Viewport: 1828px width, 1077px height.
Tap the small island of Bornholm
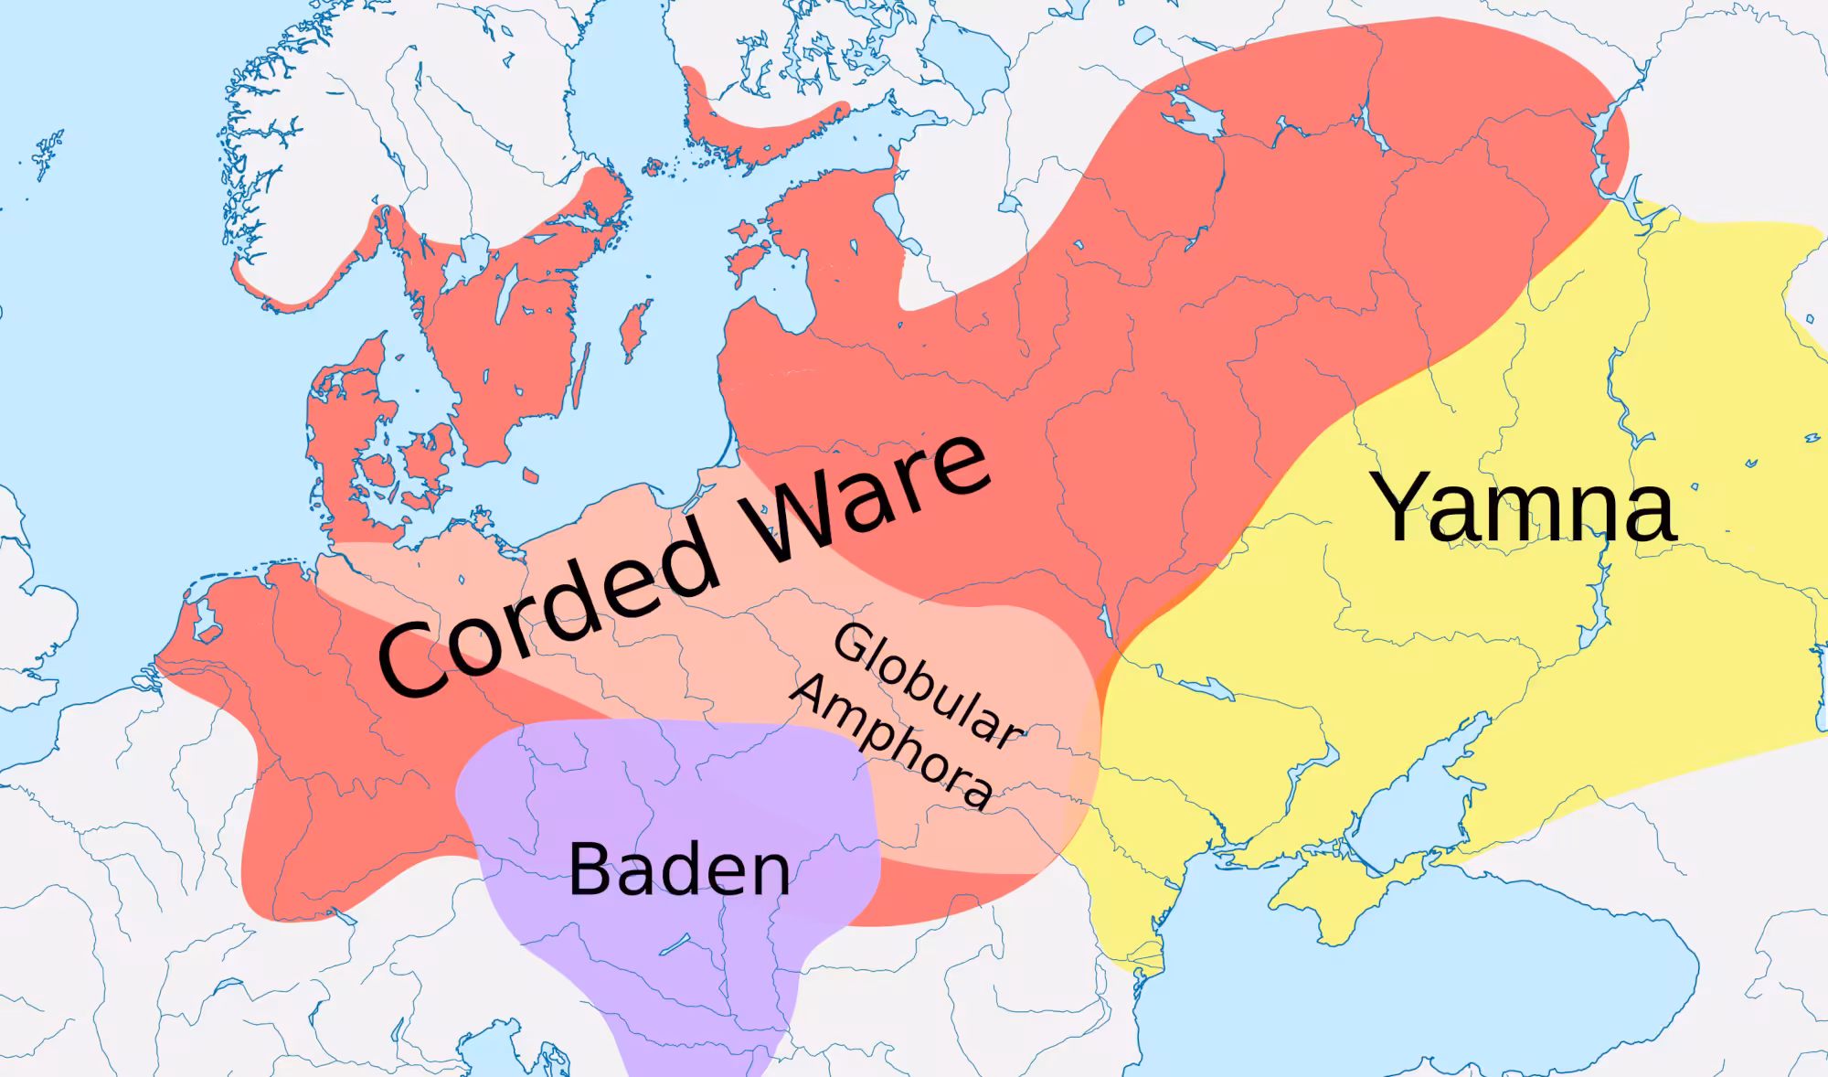tap(530, 475)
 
